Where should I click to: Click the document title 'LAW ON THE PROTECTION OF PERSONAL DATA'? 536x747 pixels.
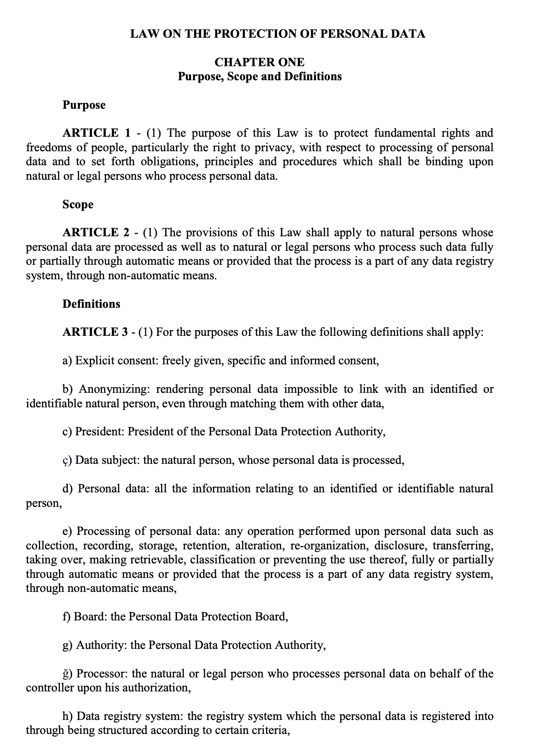[278, 34]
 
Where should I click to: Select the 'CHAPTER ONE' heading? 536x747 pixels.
[259, 62]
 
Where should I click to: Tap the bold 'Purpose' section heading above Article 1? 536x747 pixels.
[84, 105]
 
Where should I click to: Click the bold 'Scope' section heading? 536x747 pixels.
[78, 204]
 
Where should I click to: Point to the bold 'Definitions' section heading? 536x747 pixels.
[91, 304]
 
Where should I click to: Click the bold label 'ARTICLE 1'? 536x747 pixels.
[97, 133]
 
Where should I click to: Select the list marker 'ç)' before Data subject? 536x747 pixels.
[67, 460]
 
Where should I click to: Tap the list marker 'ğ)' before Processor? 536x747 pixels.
[68, 673]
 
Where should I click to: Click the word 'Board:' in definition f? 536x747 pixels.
[90, 617]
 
